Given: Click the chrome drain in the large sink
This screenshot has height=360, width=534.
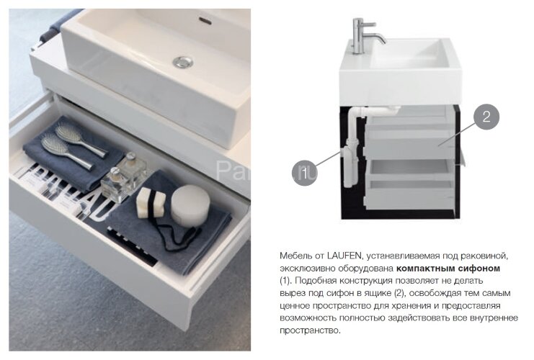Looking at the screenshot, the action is [x=183, y=62].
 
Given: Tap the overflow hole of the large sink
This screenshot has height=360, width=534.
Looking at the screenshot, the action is [x=205, y=21].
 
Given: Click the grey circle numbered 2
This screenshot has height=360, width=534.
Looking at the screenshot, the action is [x=486, y=117].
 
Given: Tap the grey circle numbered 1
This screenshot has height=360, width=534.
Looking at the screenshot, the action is [x=304, y=173].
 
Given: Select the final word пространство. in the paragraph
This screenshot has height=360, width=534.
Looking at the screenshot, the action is [x=310, y=330].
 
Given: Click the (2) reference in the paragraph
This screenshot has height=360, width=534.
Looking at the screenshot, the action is [x=400, y=293].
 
